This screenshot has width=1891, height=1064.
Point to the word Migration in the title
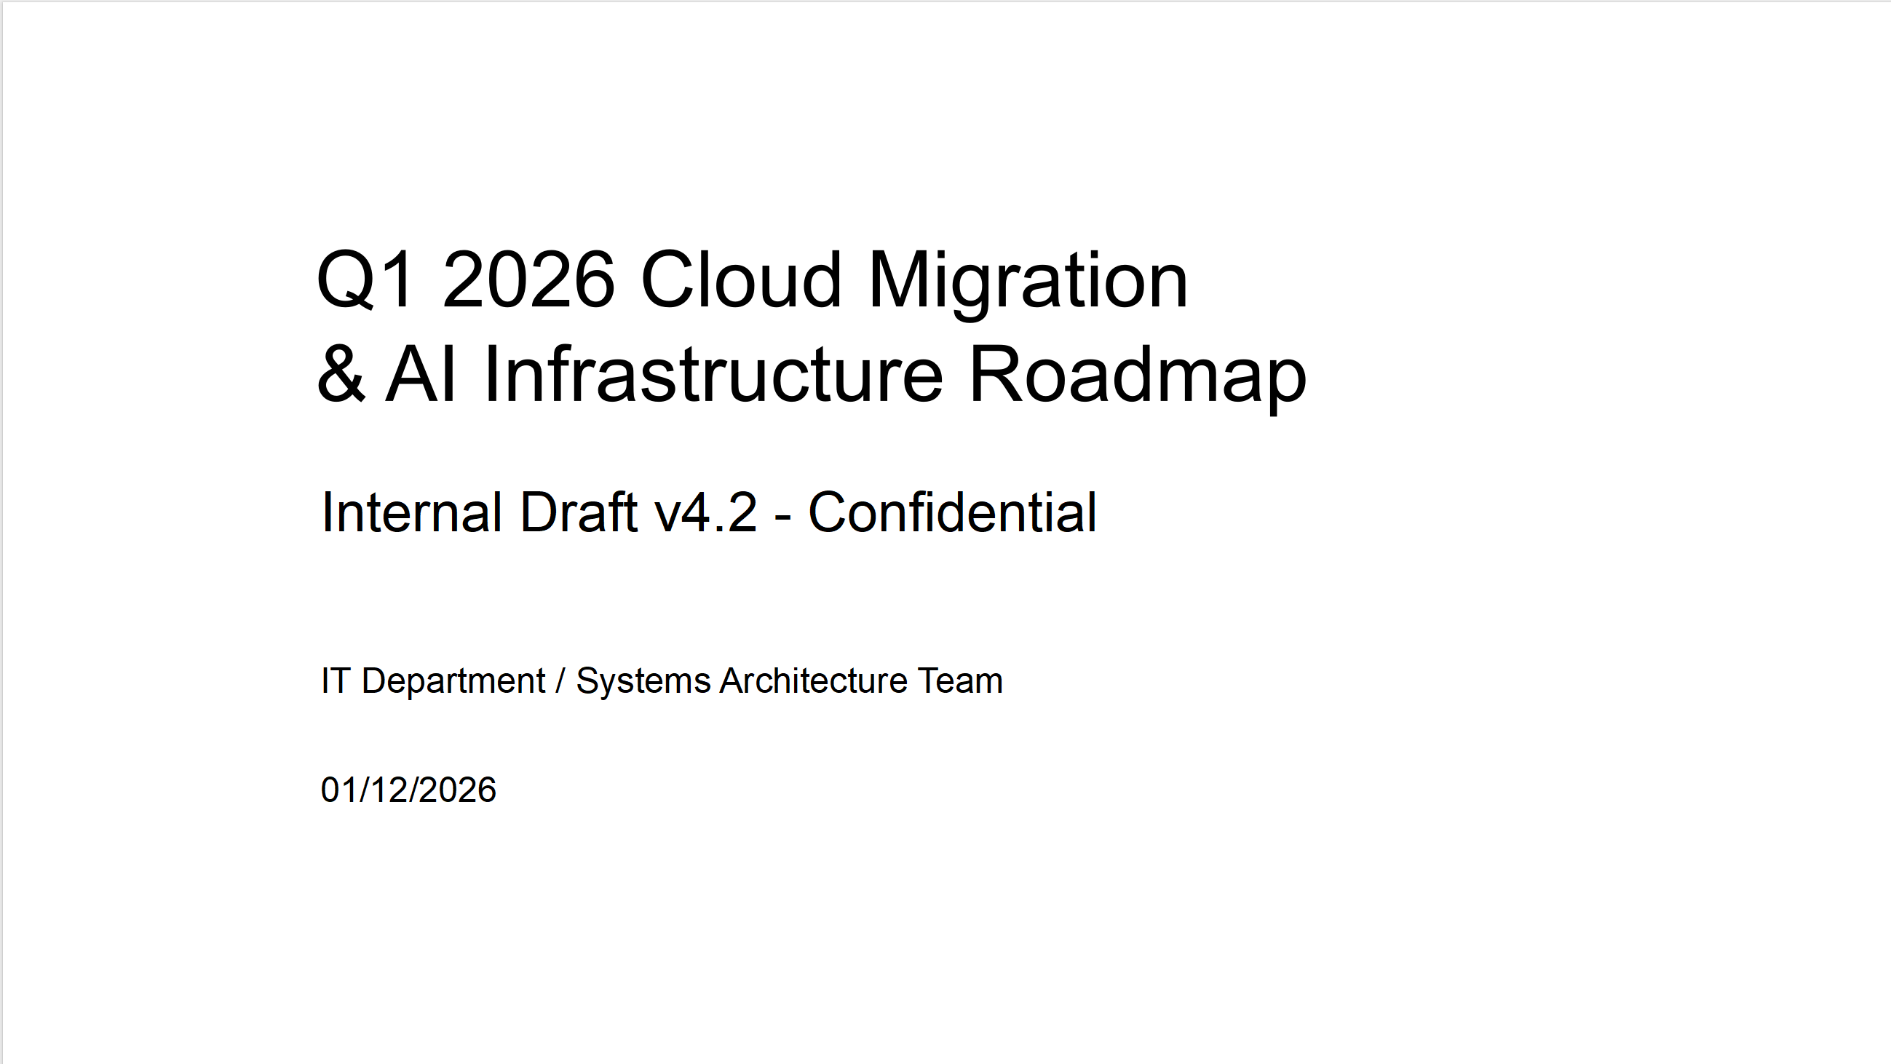pyautogui.click(x=1028, y=283)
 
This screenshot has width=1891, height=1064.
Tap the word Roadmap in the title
pyautogui.click(x=1138, y=378)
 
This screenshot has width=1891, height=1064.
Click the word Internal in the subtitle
pyautogui.click(x=412, y=512)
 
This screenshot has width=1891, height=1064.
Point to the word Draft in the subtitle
pyautogui.click(x=579, y=512)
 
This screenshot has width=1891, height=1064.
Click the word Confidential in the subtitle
pyautogui.click(x=953, y=512)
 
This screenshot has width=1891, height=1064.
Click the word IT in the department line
pyautogui.click(x=334, y=680)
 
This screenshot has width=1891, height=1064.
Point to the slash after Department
pyautogui.click(x=561, y=681)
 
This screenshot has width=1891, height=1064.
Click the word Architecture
pyautogui.click(x=813, y=680)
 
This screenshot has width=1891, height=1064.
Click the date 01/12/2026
pyautogui.click(x=408, y=790)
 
